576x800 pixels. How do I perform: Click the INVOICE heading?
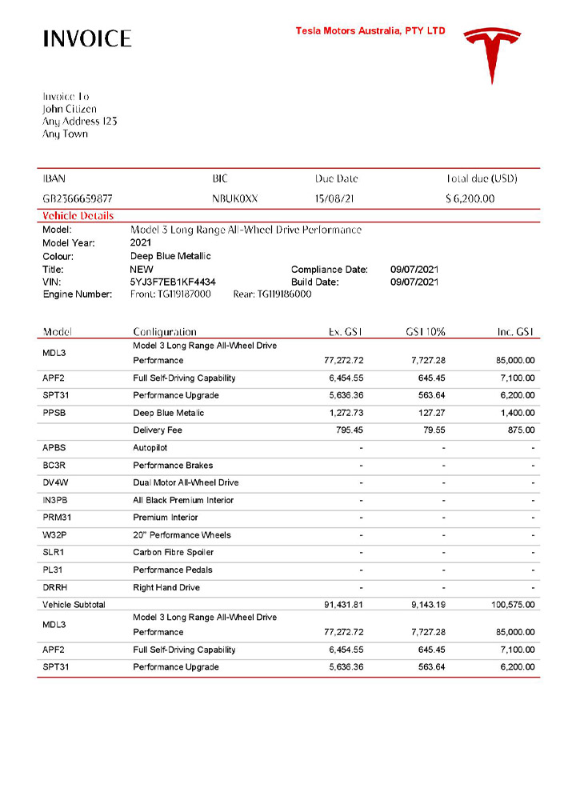(87, 38)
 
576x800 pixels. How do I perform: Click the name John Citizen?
(70, 109)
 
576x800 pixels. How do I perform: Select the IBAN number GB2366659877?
(78, 198)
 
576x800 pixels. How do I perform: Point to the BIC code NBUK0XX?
(235, 198)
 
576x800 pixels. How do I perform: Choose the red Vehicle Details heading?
(78, 216)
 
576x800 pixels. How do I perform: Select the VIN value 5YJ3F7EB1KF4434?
(172, 282)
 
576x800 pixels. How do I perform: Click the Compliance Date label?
(329, 270)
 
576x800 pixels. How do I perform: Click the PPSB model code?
(56, 413)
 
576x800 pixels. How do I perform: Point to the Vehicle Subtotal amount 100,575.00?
(513, 605)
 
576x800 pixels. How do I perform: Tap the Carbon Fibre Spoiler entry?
(173, 553)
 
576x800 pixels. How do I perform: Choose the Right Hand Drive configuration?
(166, 587)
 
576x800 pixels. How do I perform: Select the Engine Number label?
(77, 294)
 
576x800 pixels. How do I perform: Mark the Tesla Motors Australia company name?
(370, 31)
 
